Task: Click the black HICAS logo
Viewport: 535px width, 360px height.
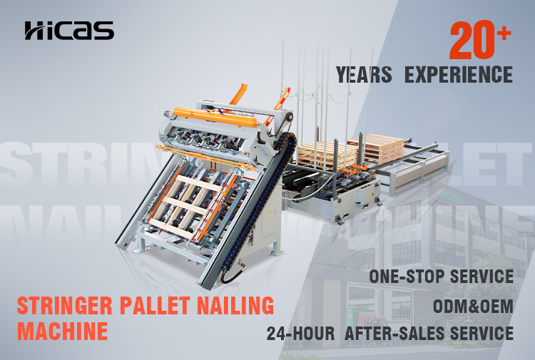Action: pos(69,31)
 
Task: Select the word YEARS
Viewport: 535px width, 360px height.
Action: pos(364,75)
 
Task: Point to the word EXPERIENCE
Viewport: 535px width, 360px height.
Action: pos(459,75)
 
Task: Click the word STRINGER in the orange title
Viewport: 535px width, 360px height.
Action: pos(64,305)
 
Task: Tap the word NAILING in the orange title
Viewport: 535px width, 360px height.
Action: pos(235,305)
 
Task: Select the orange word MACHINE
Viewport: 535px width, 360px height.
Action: pos(63,331)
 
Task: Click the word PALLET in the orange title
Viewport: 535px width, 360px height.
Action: pos(155,305)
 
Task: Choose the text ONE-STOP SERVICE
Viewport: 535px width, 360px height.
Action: pos(442,276)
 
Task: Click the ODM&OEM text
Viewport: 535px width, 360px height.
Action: pos(473,306)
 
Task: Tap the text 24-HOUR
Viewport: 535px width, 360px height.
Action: pos(300,334)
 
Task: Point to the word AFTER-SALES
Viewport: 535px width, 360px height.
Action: pos(394,334)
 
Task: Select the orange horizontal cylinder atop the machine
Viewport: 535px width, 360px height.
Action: pos(215,117)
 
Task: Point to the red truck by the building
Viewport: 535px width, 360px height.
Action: pos(371,319)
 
